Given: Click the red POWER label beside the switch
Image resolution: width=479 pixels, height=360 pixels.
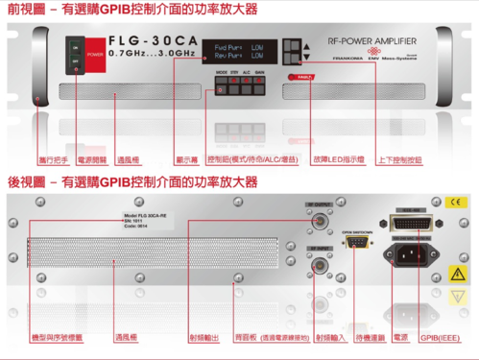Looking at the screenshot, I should pyautogui.click(x=95, y=55).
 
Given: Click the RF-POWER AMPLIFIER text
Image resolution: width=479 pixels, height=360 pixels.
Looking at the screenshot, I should pyautogui.click(x=371, y=42).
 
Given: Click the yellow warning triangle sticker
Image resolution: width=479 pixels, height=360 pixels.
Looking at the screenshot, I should pyautogui.click(x=457, y=275).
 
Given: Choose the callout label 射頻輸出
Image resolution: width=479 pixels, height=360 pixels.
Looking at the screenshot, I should pyautogui.click(x=203, y=338).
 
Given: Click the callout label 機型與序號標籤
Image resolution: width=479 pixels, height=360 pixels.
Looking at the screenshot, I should pyautogui.click(x=57, y=338).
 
